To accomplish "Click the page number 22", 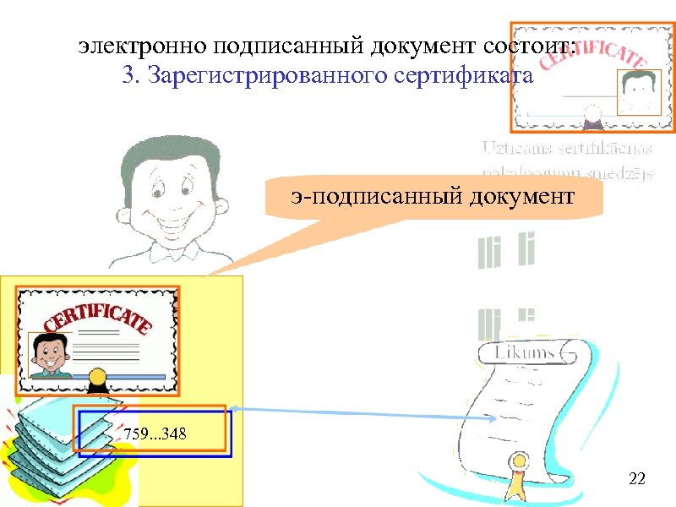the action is click(637, 480).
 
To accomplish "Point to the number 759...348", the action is click(155, 434).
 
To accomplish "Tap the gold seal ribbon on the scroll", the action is click(515, 477).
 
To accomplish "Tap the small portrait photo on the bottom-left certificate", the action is click(47, 355).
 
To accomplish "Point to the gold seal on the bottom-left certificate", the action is click(95, 374).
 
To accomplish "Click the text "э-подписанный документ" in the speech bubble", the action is click(433, 197).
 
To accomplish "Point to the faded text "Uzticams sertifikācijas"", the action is click(568, 149).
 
